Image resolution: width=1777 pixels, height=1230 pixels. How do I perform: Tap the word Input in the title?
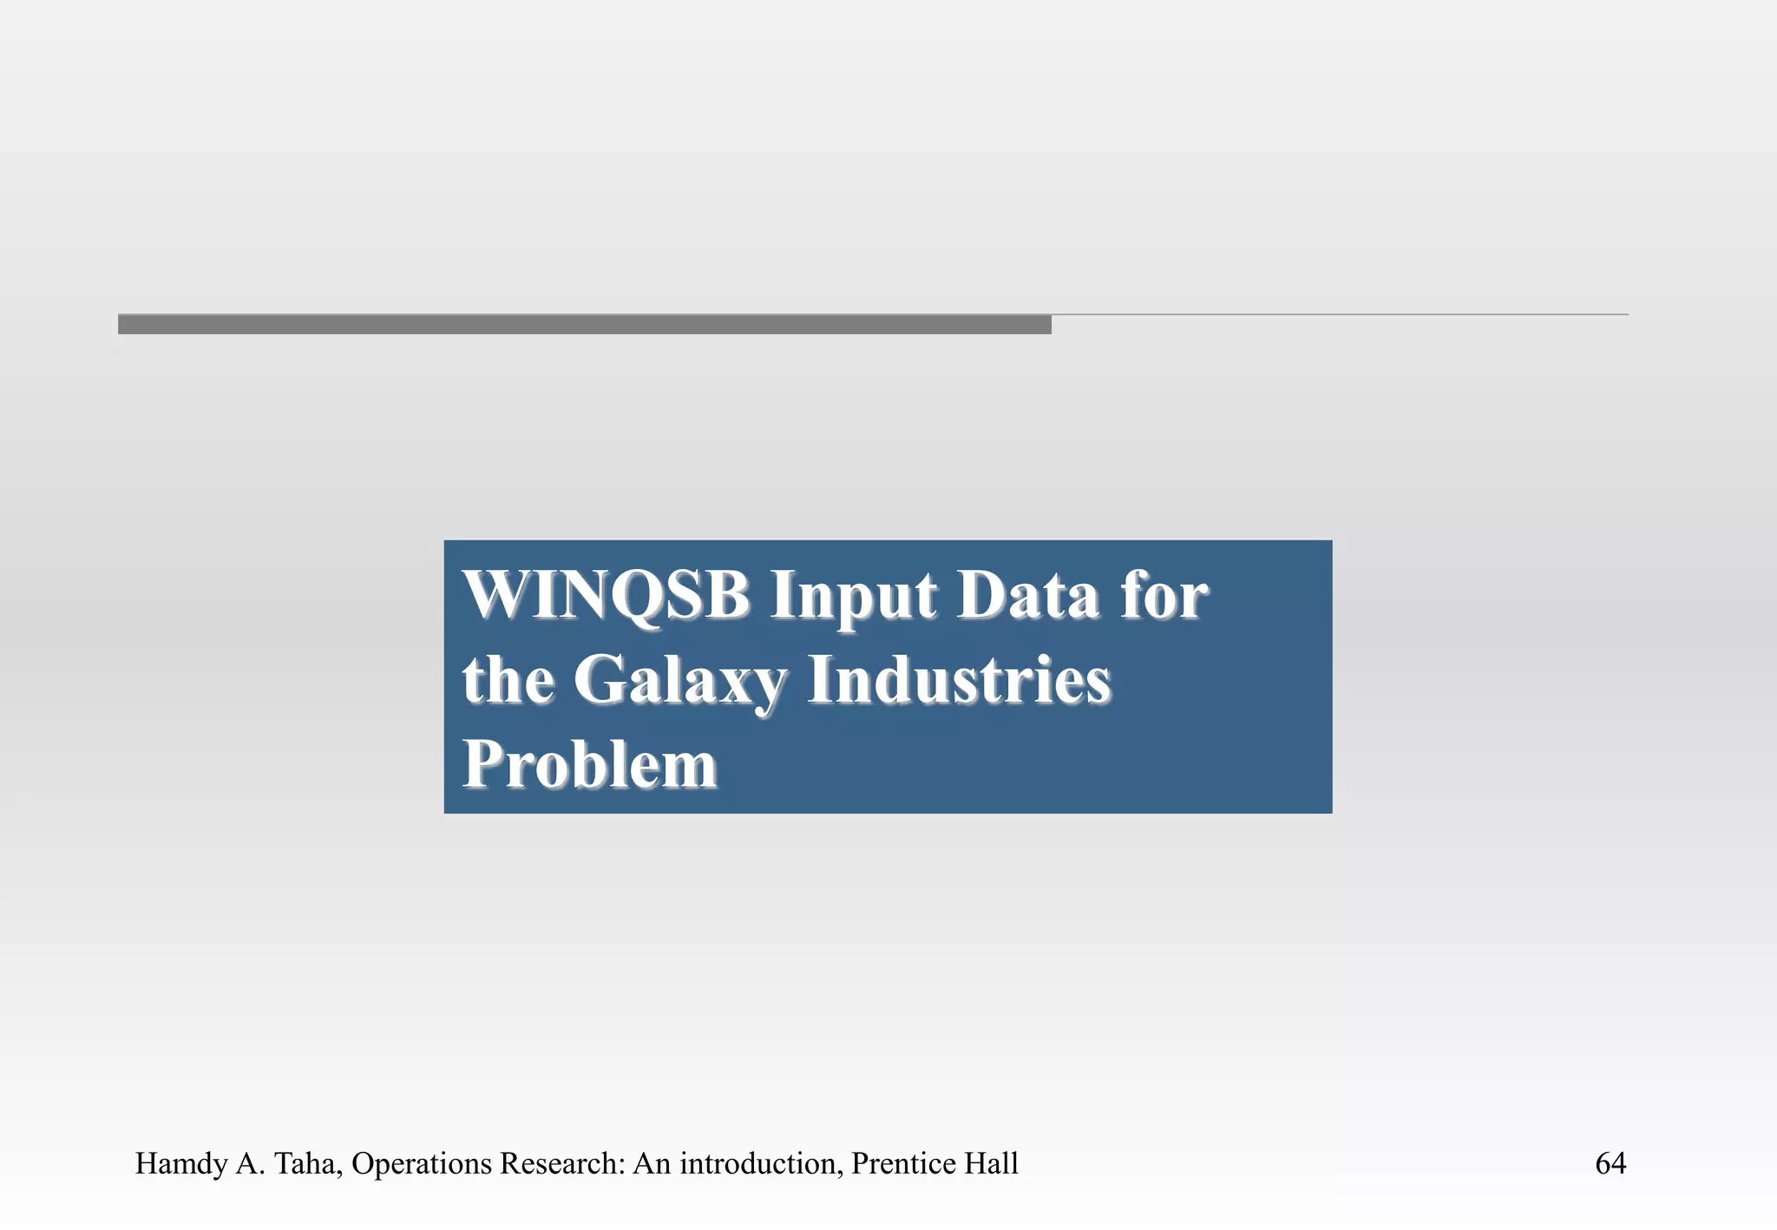[853, 597]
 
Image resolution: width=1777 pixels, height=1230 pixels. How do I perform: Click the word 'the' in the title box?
[507, 679]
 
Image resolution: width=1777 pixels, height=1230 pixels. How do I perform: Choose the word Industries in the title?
[958, 679]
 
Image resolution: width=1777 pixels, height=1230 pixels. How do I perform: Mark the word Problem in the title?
[589, 764]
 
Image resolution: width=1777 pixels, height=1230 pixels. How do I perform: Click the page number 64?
[1610, 1163]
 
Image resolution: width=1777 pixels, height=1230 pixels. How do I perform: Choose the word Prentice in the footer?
[903, 1163]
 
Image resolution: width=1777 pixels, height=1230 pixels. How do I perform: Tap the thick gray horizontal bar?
[584, 324]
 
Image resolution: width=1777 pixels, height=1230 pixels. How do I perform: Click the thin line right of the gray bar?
[1340, 314]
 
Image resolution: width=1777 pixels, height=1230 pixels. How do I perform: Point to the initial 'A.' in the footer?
[250, 1163]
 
